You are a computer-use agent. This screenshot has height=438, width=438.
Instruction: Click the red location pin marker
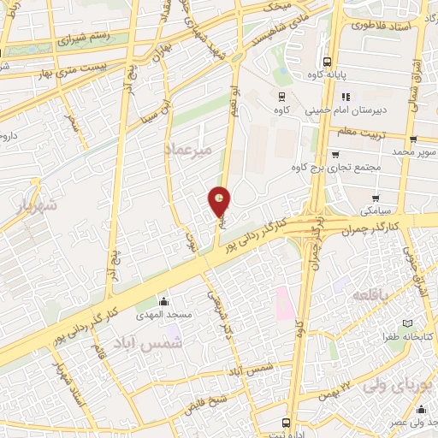pos(221,202)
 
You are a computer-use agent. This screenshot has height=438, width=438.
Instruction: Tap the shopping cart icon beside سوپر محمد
pos(413,139)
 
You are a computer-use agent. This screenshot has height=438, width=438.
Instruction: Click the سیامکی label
pos(376,210)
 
